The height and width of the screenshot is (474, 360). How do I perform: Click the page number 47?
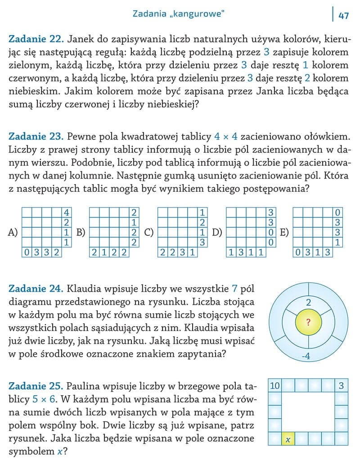(x=344, y=15)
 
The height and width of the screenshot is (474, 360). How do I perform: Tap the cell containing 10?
(x=274, y=385)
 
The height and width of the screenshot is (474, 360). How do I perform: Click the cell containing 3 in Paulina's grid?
(x=341, y=385)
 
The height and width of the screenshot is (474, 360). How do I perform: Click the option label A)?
(x=13, y=232)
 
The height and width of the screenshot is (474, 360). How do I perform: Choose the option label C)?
(x=149, y=232)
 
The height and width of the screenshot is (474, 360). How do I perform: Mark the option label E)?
(x=284, y=232)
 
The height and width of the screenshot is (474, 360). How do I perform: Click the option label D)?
(x=217, y=232)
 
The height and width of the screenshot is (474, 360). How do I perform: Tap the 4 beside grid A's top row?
(x=66, y=212)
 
